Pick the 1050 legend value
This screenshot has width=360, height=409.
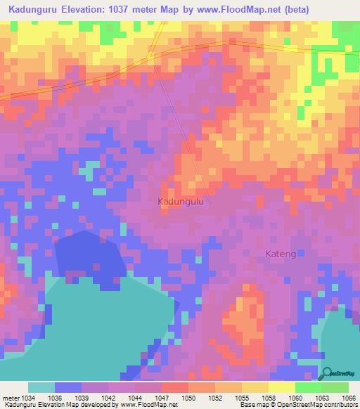pos(188,398)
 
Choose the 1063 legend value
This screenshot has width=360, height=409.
pos(321,398)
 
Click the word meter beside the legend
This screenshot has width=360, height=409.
pos(9,398)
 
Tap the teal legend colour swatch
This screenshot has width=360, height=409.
pos(41,387)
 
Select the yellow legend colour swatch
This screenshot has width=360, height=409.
pos(281,387)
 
